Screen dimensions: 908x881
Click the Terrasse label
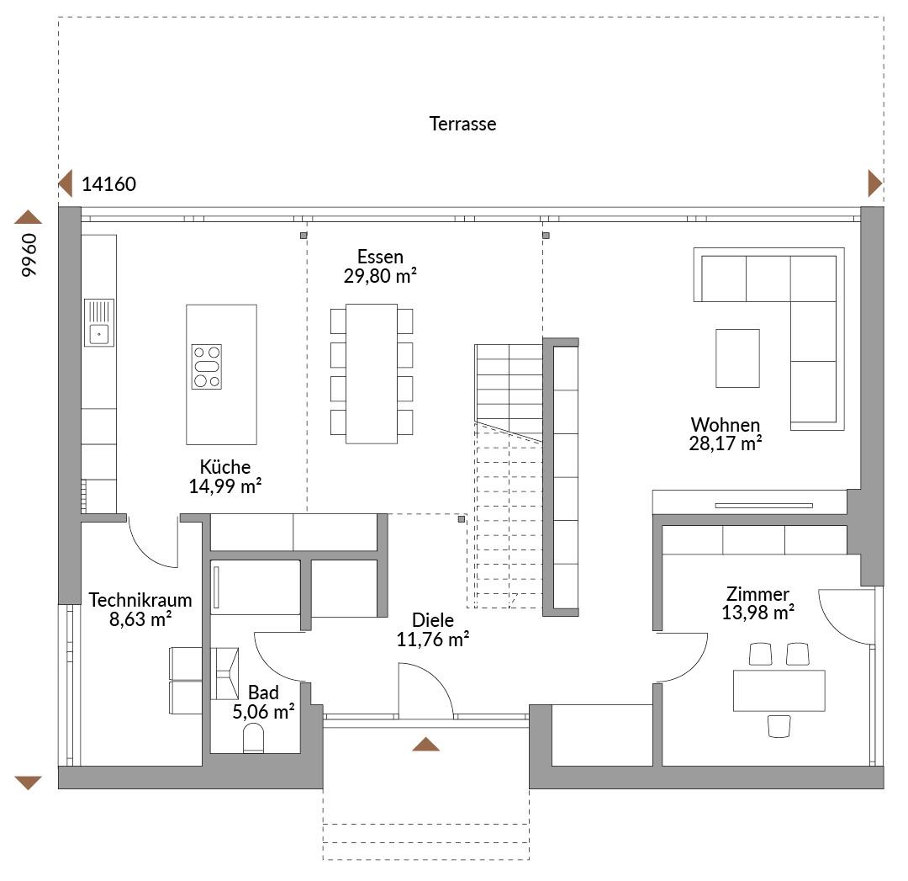pos(462,124)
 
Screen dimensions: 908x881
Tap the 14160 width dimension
pos(108,184)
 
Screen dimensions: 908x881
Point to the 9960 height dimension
pos(29,255)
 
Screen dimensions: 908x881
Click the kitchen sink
pos(99,323)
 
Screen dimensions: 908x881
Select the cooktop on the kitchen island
pos(207,367)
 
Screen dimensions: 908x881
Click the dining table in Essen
pos(372,374)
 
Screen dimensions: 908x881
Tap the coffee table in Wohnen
pos(738,358)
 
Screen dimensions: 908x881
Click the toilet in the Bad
pos(254,740)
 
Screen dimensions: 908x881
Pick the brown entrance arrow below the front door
pos(425,744)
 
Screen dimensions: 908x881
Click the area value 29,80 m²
pos(381,276)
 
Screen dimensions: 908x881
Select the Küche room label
pos(225,467)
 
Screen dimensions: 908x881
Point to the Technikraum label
pos(140,600)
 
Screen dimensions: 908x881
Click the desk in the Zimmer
pos(779,690)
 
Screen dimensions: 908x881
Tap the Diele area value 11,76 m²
pos(433,640)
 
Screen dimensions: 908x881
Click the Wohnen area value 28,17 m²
pos(725,443)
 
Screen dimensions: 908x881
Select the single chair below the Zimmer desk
pos(779,726)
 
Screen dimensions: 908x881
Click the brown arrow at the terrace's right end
pos(875,183)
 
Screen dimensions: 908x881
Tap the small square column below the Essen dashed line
pos(462,519)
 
